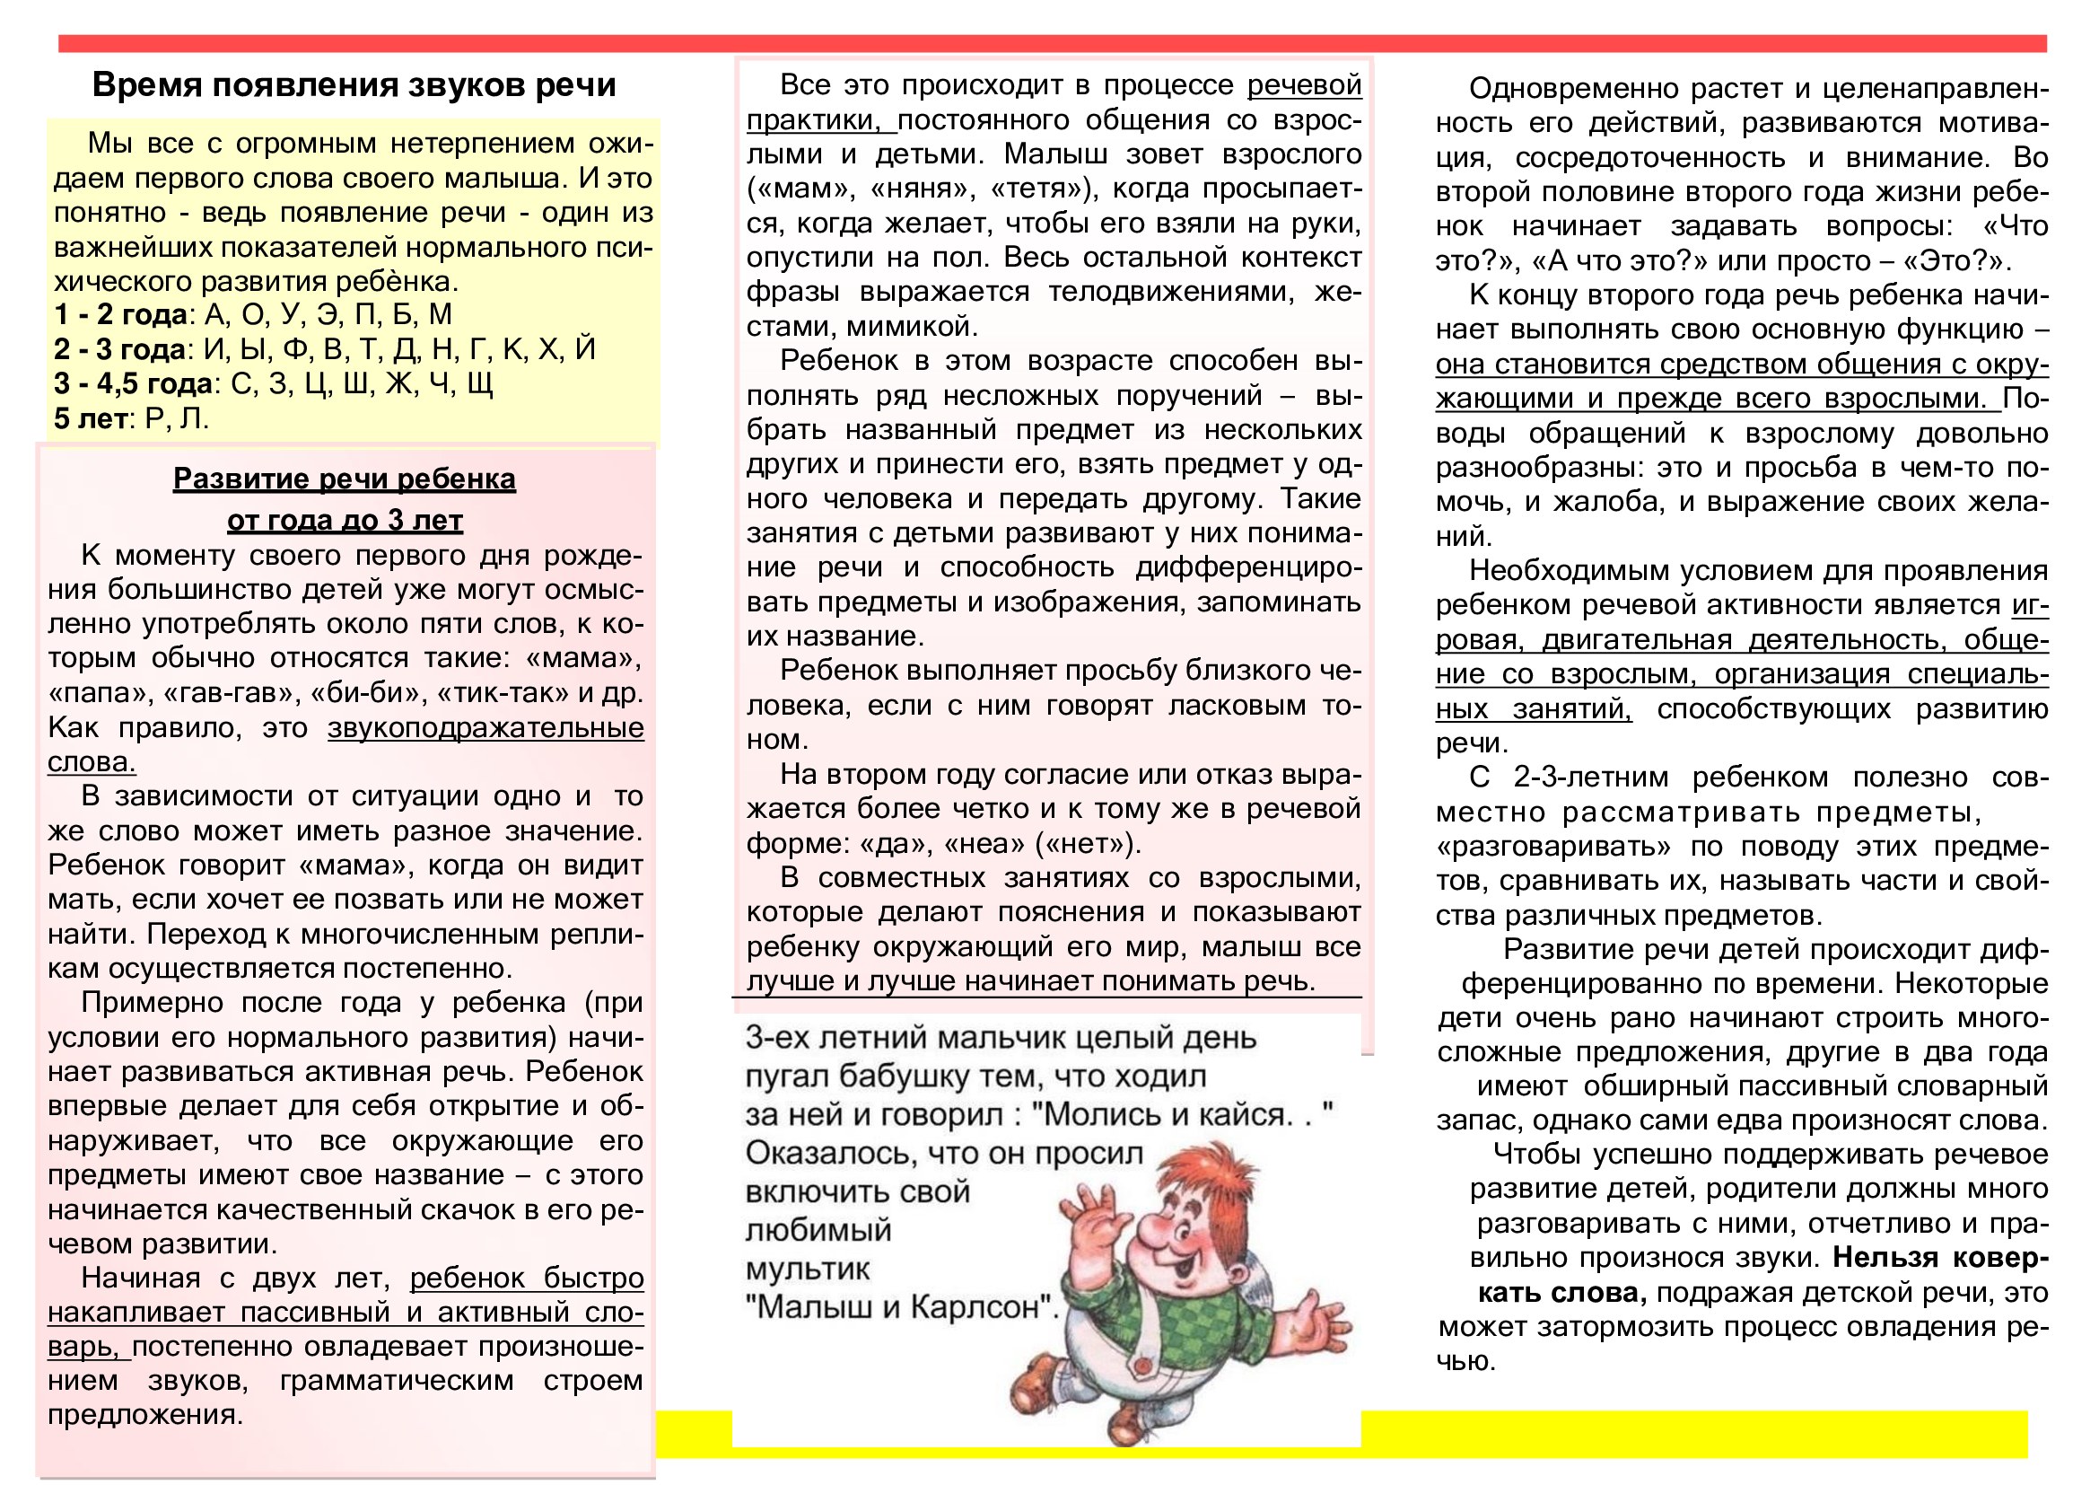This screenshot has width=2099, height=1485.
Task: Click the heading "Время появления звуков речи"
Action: pyautogui.click(x=354, y=85)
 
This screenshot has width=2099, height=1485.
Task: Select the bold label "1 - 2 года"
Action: pyautogui.click(x=120, y=314)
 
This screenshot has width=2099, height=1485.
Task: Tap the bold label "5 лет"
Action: pyautogui.click(x=90, y=418)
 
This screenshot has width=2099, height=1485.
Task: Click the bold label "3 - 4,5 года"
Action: pyautogui.click(x=133, y=384)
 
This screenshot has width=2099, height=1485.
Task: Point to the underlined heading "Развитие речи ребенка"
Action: pyautogui.click(x=344, y=479)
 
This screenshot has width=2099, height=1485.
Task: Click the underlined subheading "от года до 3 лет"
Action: pyautogui.click(x=345, y=521)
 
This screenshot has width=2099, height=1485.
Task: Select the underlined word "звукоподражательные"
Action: pyautogui.click(x=485, y=728)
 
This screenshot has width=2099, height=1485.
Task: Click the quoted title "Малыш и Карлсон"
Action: pyautogui.click(x=901, y=1306)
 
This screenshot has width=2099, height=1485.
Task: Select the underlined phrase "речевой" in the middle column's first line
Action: pyautogui.click(x=1304, y=85)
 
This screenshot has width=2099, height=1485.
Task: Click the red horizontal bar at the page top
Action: pyautogui.click(x=1052, y=43)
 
